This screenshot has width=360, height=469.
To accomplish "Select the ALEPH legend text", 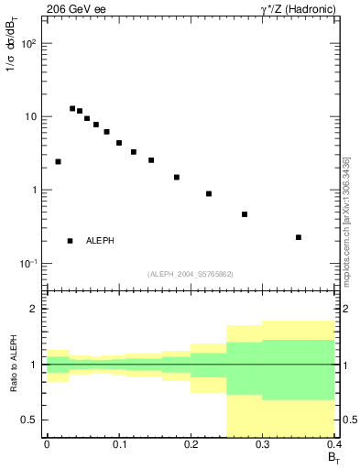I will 100,241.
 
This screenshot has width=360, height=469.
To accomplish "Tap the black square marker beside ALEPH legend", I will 71,241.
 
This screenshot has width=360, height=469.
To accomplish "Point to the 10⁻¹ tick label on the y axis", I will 27,264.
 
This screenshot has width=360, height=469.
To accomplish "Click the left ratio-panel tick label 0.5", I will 31,420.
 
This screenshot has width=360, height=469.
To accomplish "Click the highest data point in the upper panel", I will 72,108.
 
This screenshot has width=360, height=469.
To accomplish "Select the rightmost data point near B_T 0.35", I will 299,237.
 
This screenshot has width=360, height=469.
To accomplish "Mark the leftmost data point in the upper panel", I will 58,161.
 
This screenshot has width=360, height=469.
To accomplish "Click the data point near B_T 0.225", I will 209,193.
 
